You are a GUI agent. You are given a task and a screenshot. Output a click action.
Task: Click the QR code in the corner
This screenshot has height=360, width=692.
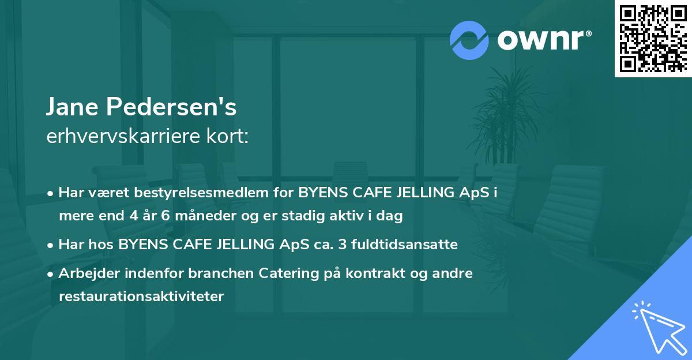tap(653, 38)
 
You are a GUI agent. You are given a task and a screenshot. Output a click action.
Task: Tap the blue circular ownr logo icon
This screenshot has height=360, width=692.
tap(469, 40)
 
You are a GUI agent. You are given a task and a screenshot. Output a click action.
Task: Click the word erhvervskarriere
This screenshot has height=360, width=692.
tap(126, 137)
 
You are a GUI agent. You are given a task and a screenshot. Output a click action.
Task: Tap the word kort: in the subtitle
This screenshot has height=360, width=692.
tap(230, 137)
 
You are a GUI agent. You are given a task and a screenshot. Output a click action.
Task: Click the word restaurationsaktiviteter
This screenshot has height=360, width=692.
tap(141, 297)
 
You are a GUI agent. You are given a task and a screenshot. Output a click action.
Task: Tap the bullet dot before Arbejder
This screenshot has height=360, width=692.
tap(51, 273)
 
